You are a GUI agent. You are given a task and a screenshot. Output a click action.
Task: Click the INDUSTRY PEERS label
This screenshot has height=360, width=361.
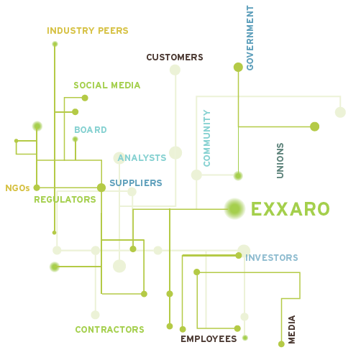point(88,31)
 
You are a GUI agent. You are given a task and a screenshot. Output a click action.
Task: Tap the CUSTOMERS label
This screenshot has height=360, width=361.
point(175,57)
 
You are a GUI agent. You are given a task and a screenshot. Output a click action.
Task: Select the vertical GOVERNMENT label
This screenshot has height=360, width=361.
point(250,38)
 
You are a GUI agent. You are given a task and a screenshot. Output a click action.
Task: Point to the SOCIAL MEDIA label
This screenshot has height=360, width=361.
point(107,86)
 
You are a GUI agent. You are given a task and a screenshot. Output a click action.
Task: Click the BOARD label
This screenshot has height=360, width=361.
point(91,130)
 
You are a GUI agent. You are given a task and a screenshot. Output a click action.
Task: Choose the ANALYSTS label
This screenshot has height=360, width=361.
point(142,158)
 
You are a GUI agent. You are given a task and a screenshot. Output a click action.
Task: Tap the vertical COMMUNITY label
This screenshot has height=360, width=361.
point(206,138)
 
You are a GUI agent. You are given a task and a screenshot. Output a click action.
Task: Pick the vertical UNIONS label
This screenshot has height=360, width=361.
point(280,161)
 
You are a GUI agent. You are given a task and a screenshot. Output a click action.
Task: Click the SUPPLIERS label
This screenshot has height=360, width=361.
point(136,183)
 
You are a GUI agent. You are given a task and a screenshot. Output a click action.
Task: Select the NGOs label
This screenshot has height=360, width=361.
point(17,188)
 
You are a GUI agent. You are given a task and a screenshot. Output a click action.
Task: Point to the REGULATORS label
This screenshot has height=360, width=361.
point(65,200)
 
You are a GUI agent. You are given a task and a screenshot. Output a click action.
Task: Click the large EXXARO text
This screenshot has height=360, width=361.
point(291,209)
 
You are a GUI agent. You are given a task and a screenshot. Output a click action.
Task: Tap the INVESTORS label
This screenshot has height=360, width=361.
point(272,258)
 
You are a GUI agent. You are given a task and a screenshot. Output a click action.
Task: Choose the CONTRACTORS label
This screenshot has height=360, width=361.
point(110,330)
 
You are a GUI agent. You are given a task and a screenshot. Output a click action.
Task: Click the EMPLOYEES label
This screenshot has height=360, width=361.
point(209,339)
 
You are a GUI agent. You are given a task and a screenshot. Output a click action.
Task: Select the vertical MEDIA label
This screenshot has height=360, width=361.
point(291,330)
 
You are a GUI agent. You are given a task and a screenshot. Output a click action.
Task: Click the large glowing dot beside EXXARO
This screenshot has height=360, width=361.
point(234,209)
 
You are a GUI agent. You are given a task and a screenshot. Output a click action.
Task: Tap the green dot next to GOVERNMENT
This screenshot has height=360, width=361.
point(238,68)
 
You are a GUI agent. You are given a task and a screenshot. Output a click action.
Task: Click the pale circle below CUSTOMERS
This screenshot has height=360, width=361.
point(175,70)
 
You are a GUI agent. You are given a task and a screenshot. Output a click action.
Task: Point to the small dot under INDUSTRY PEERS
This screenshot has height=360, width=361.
point(55,44)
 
